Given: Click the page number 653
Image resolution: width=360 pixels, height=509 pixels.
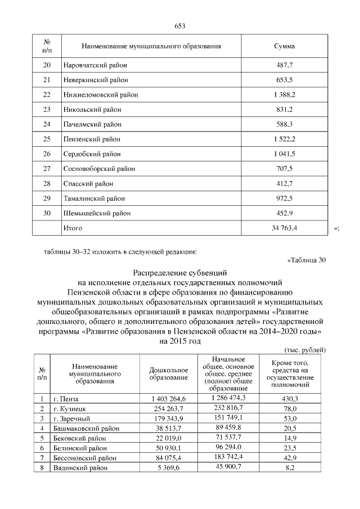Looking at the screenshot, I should (x=180, y=26).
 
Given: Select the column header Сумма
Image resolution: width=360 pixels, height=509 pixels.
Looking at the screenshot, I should (x=284, y=46).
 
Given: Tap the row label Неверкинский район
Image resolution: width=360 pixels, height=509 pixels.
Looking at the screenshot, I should (x=96, y=80).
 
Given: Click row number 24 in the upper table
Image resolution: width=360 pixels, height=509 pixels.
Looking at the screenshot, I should (x=47, y=124).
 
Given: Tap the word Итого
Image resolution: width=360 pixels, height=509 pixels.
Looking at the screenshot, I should (x=73, y=228).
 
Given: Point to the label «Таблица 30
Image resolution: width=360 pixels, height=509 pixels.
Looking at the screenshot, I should (x=306, y=260).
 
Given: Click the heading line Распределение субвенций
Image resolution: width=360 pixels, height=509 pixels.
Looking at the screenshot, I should (x=180, y=273).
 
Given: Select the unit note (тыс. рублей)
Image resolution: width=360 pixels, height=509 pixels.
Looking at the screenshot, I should (x=305, y=349).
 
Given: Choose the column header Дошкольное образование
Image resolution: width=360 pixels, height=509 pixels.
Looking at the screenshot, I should (x=168, y=373).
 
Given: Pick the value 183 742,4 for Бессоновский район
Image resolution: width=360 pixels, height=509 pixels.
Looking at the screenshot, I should (x=227, y=457).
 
